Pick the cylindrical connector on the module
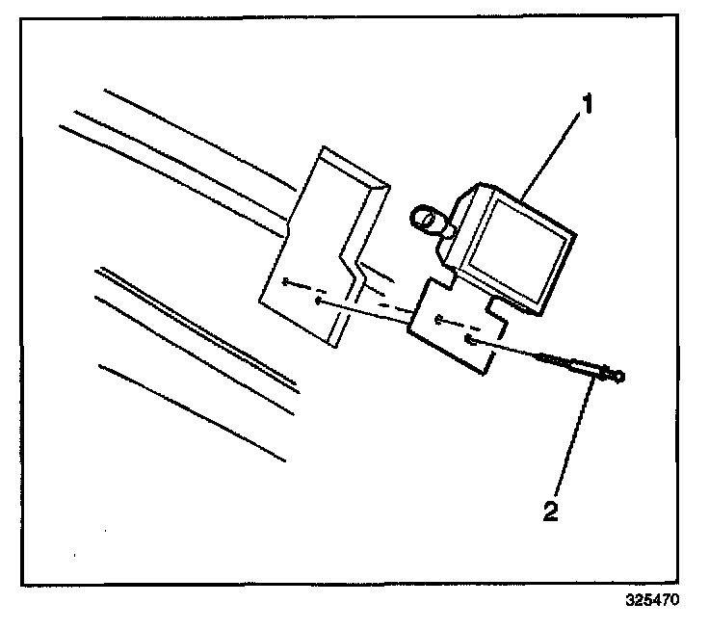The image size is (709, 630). (x=430, y=222)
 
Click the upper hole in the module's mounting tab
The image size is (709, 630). (x=438, y=318)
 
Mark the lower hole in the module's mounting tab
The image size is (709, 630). (x=467, y=339)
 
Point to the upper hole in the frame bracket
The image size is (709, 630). (x=286, y=281)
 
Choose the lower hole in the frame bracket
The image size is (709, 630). (x=317, y=300)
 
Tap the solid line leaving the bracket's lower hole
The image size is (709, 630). (x=366, y=310)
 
